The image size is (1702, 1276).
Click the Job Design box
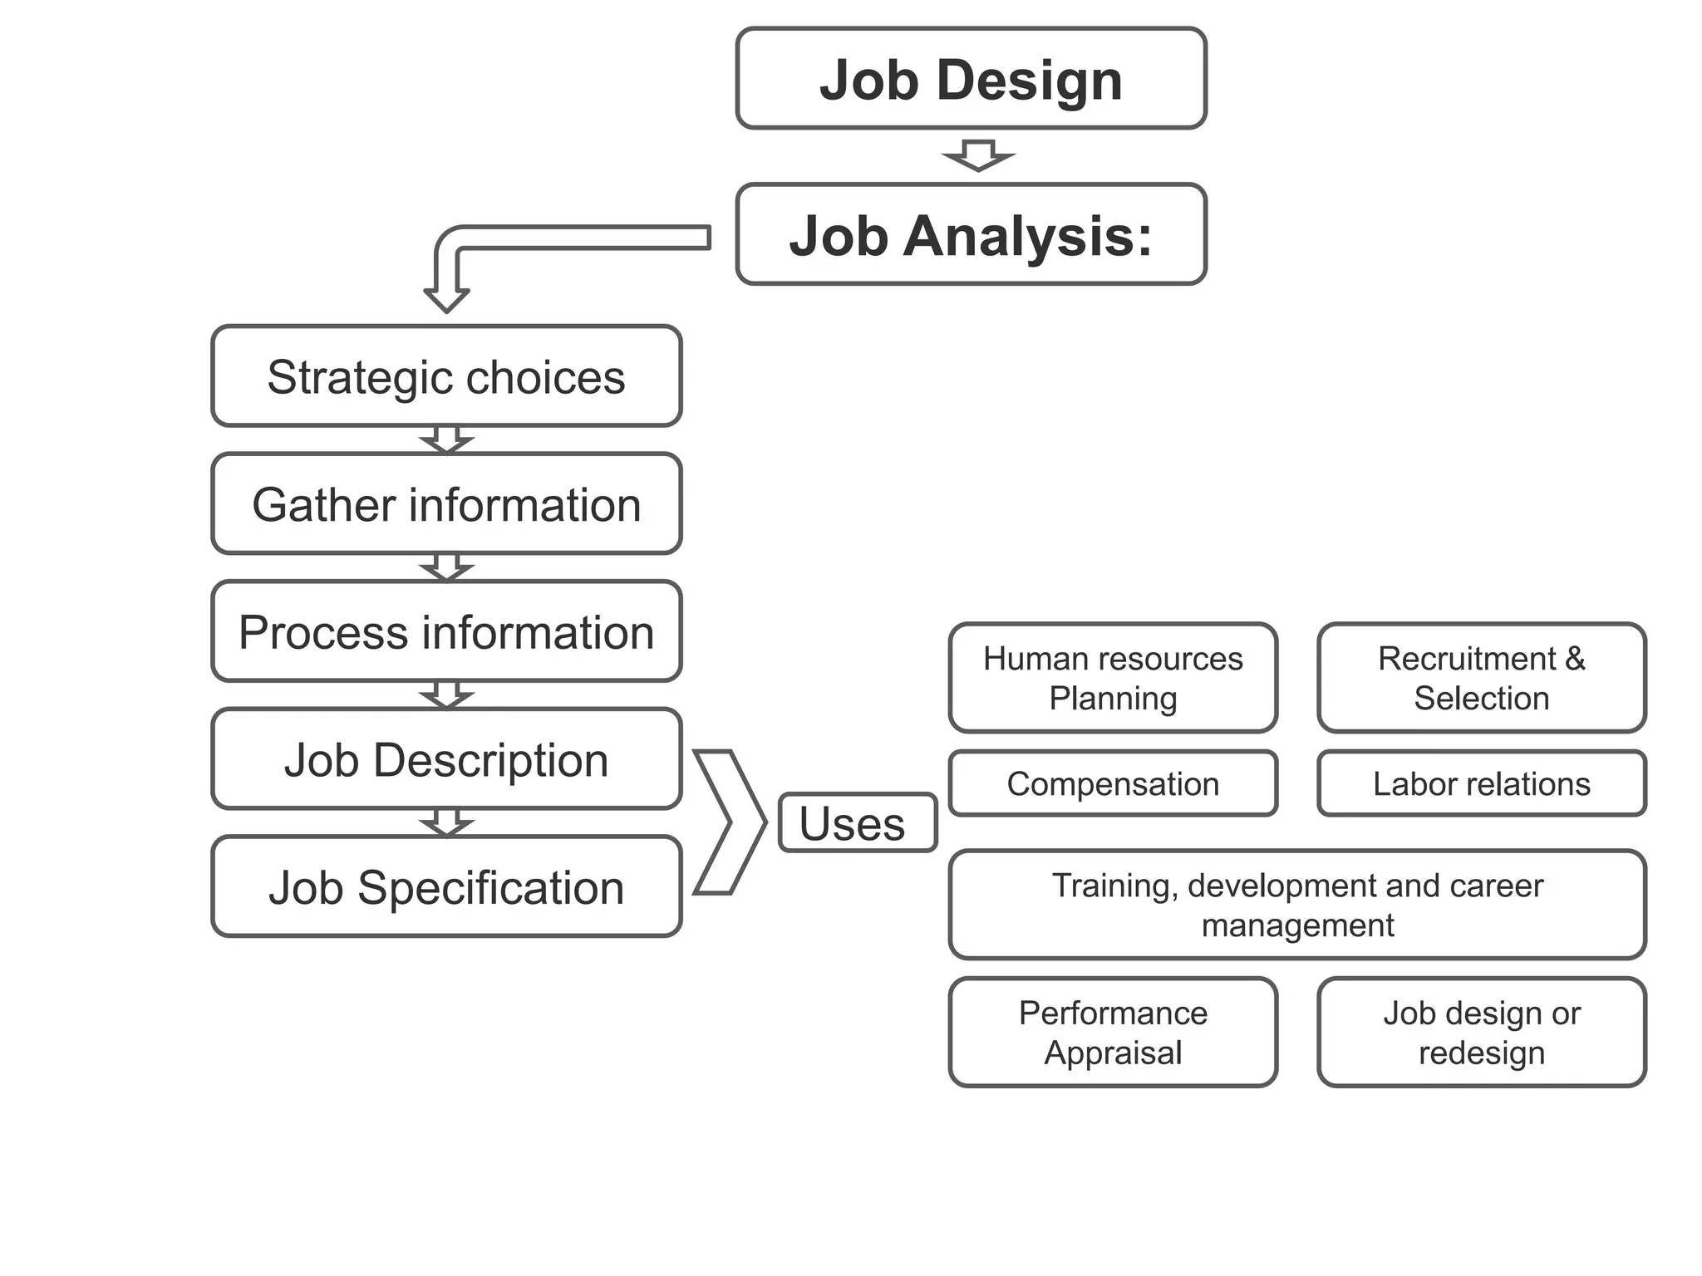click(x=971, y=79)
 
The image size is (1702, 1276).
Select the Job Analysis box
click(x=971, y=235)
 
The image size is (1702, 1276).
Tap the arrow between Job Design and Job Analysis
click(x=978, y=155)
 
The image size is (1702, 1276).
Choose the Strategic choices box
click(x=446, y=376)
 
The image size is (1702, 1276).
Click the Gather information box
click(x=446, y=504)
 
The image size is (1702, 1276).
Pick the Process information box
click(x=446, y=631)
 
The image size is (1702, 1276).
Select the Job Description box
click(x=446, y=759)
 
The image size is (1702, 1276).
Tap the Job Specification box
click(x=446, y=887)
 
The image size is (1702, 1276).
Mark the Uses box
click(x=857, y=823)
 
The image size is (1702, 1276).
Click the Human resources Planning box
click(x=1113, y=678)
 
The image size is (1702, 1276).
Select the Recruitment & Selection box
click(x=1481, y=678)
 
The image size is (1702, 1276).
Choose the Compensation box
click(x=1113, y=783)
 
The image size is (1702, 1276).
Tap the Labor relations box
click(x=1481, y=783)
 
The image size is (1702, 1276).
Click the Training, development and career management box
click(x=1296, y=905)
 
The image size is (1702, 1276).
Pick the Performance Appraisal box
click(x=1113, y=1032)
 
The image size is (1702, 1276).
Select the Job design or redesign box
click(x=1481, y=1032)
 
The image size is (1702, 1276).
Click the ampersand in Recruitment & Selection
click(x=1575, y=659)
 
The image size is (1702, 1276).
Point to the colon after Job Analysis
click(x=1144, y=239)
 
